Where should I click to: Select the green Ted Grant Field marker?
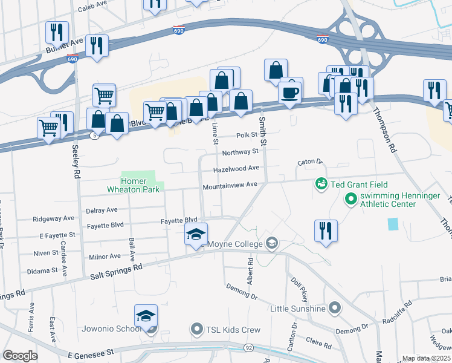pyautogui.click(x=321, y=183)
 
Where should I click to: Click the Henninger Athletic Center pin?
pyautogui.click(x=350, y=198)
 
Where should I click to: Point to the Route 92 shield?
pyautogui.click(x=249, y=348)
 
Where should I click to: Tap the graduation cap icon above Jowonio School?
pyautogui.click(x=146, y=316)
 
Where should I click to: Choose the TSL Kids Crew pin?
pyautogui.click(x=196, y=330)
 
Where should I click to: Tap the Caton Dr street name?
pyautogui.click(x=311, y=162)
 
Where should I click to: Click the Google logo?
pyautogui.click(x=20, y=355)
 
